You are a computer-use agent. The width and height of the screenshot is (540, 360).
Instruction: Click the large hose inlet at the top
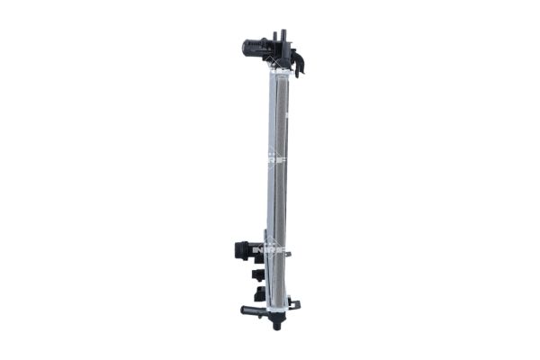(x=256, y=48)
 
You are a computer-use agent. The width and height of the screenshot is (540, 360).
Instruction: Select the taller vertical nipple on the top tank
(x=283, y=36)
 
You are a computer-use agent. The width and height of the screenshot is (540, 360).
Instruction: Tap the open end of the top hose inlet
(x=245, y=48)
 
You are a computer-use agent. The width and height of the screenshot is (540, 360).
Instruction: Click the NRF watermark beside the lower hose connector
(x=269, y=249)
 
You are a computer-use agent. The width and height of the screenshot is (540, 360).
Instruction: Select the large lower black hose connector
(x=246, y=249)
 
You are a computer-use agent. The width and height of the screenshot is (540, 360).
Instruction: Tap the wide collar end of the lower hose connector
(x=238, y=249)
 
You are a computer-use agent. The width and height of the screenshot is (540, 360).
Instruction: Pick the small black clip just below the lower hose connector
(x=257, y=274)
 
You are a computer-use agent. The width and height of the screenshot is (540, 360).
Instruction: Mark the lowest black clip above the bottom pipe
(x=259, y=292)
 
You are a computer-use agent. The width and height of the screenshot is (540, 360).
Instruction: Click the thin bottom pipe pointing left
(x=256, y=311)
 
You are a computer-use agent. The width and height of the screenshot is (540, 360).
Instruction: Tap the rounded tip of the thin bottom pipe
(x=244, y=311)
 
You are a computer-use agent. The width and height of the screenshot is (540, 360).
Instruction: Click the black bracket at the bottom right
(x=294, y=304)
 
